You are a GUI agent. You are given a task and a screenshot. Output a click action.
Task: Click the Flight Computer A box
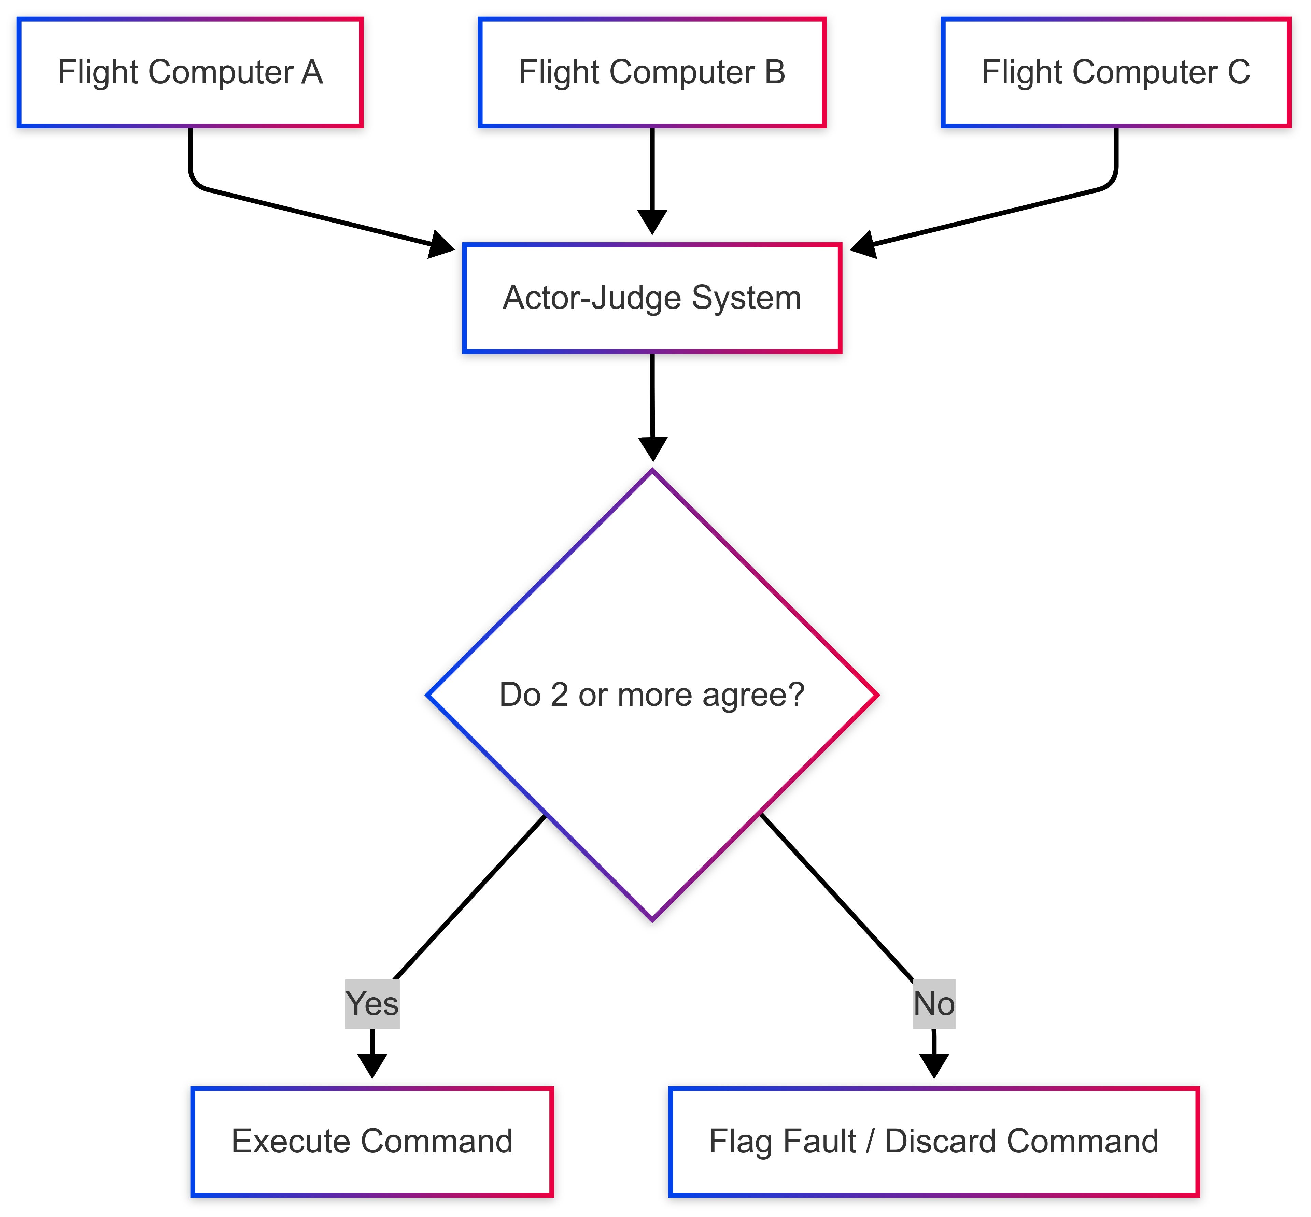tap(190, 72)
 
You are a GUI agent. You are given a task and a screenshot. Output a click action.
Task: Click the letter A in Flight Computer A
tap(312, 72)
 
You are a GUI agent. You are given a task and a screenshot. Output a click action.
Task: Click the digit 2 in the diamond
tap(559, 695)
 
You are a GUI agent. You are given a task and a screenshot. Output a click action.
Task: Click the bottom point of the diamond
tap(652, 919)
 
